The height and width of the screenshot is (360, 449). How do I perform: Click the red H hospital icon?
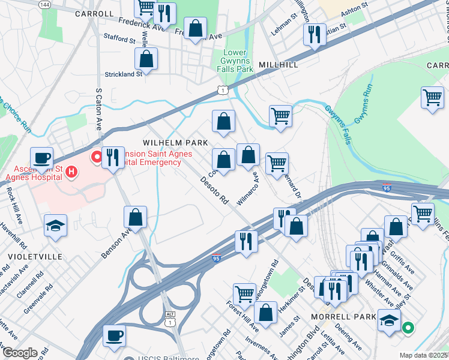[x=71, y=173]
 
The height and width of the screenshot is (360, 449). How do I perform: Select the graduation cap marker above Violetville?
[x=56, y=226]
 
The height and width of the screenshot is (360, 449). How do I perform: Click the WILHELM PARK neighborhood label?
[x=175, y=143]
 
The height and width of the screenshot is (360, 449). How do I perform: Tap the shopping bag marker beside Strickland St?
[x=146, y=59]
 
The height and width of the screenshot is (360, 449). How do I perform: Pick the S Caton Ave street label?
[x=98, y=109]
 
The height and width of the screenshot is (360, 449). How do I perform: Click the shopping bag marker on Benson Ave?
[x=136, y=217]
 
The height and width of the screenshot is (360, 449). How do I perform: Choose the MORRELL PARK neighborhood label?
[x=335, y=316]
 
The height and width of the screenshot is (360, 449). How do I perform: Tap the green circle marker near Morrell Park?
[x=408, y=328]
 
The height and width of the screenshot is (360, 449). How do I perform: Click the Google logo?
[x=19, y=353]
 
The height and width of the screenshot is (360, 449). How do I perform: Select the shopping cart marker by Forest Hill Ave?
[x=244, y=294]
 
